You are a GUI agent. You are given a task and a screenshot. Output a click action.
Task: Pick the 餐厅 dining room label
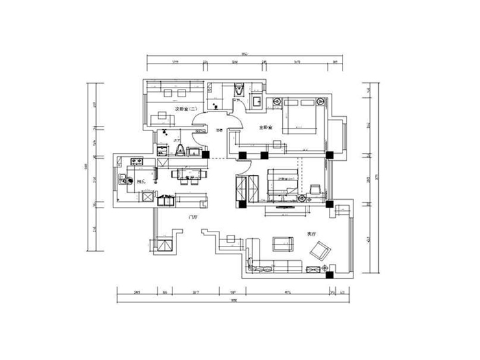pos(190,176)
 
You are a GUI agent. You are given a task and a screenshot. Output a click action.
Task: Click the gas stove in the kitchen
pos(137,161)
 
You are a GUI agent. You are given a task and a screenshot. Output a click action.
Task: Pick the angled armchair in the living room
pos(319,250)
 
